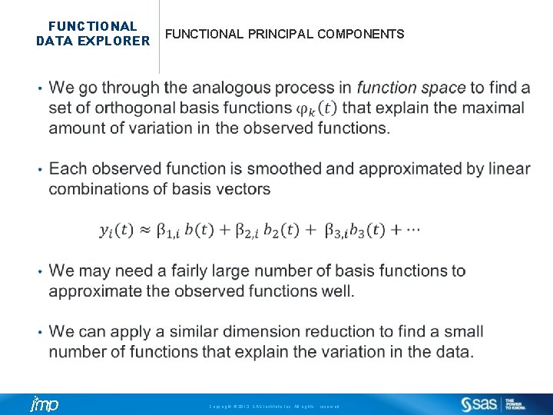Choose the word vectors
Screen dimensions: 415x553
tap(243, 189)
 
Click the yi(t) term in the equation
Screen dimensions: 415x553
tap(116, 230)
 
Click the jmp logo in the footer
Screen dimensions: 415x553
tap(44, 404)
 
